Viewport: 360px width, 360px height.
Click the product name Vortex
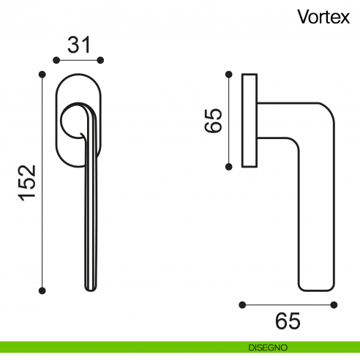323,16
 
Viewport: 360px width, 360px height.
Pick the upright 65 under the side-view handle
288,320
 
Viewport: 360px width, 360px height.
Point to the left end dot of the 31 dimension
58,60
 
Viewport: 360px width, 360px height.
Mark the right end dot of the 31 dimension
101,60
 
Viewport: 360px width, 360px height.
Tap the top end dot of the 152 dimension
42,73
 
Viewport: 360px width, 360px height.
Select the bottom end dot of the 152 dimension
42,290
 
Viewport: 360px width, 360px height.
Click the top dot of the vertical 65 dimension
229,73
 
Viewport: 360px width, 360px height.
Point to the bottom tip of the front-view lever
91,288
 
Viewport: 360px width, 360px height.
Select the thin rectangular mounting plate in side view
249,119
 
